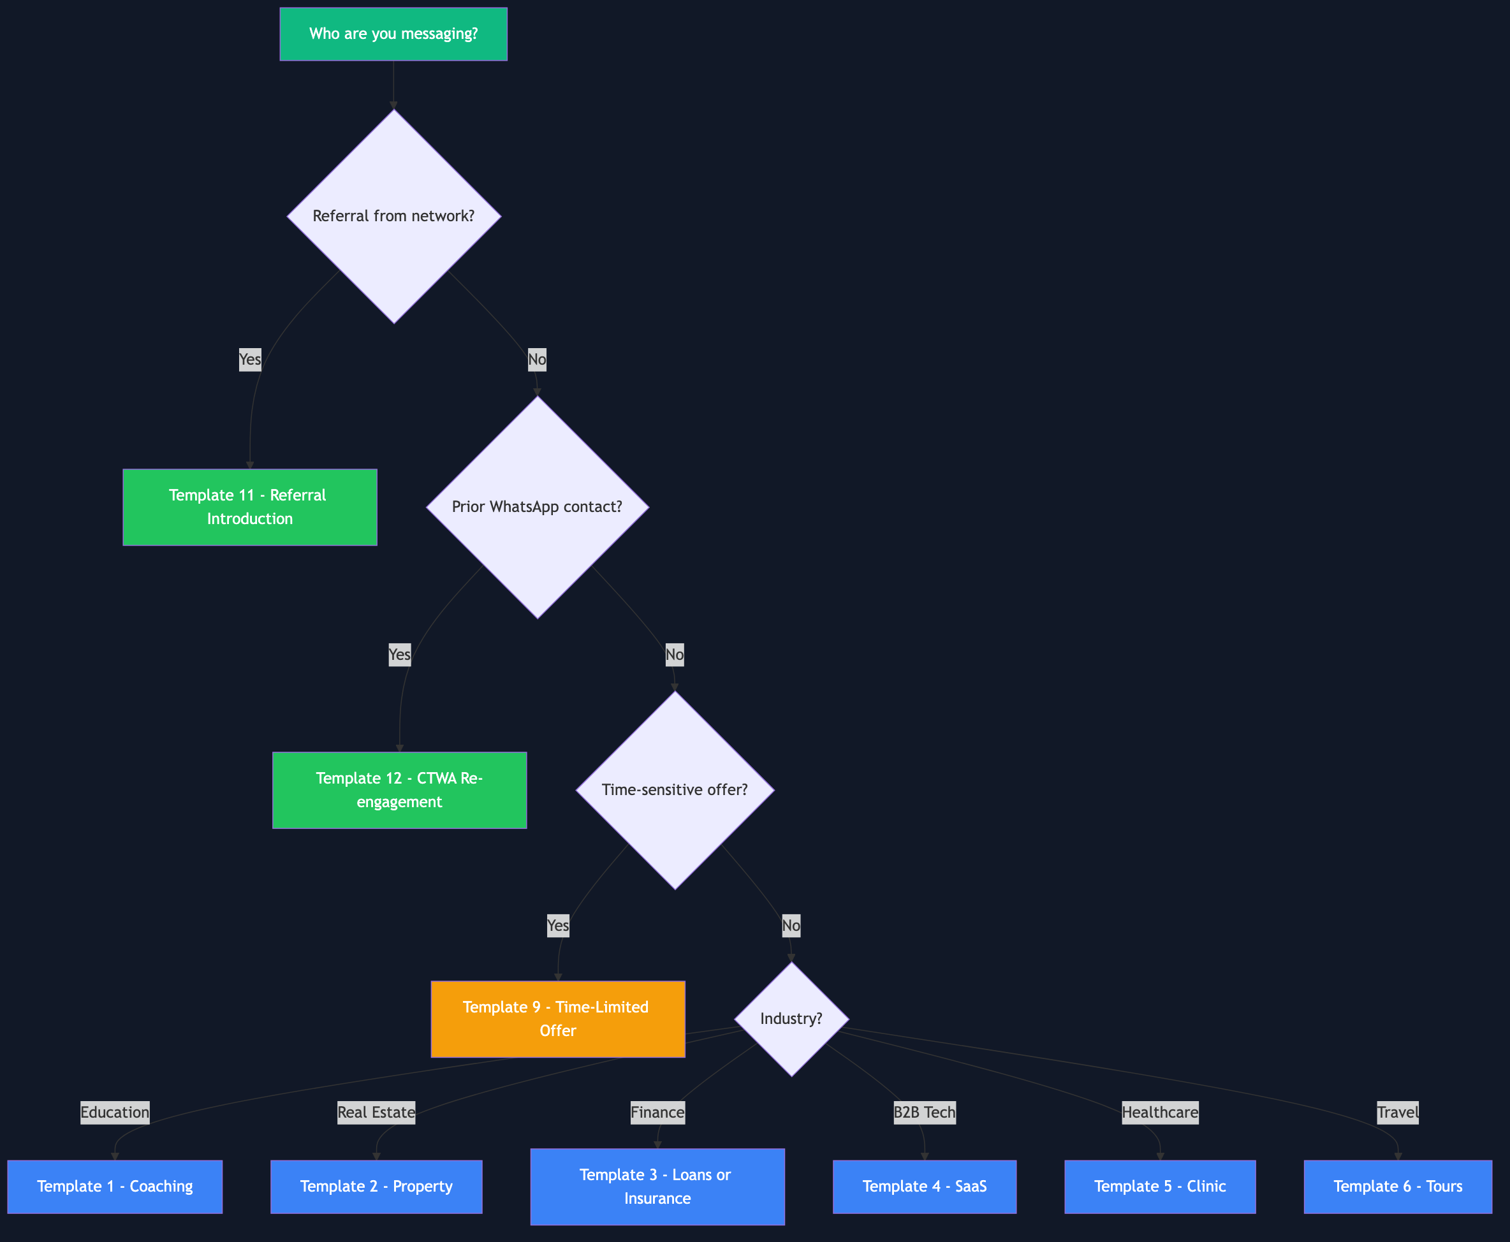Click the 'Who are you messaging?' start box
coord(393,34)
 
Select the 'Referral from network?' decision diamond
coord(393,216)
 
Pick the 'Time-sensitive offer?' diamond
coord(675,790)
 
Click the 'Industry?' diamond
coord(791,1019)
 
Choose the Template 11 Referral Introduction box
coord(250,508)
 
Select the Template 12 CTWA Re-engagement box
coord(399,790)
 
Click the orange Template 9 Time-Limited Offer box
coord(557,1019)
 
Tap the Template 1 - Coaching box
coord(115,1186)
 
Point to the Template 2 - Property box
coord(376,1186)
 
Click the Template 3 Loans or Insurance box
coord(657,1186)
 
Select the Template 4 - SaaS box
coord(925,1186)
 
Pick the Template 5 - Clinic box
coord(1160,1186)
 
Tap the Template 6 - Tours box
coord(1398,1186)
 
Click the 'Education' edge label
coord(115,1113)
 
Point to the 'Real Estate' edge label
coord(376,1113)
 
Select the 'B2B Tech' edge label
coord(925,1113)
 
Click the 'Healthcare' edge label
coord(1160,1113)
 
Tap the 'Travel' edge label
coord(1398,1113)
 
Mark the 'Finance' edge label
coord(657,1113)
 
